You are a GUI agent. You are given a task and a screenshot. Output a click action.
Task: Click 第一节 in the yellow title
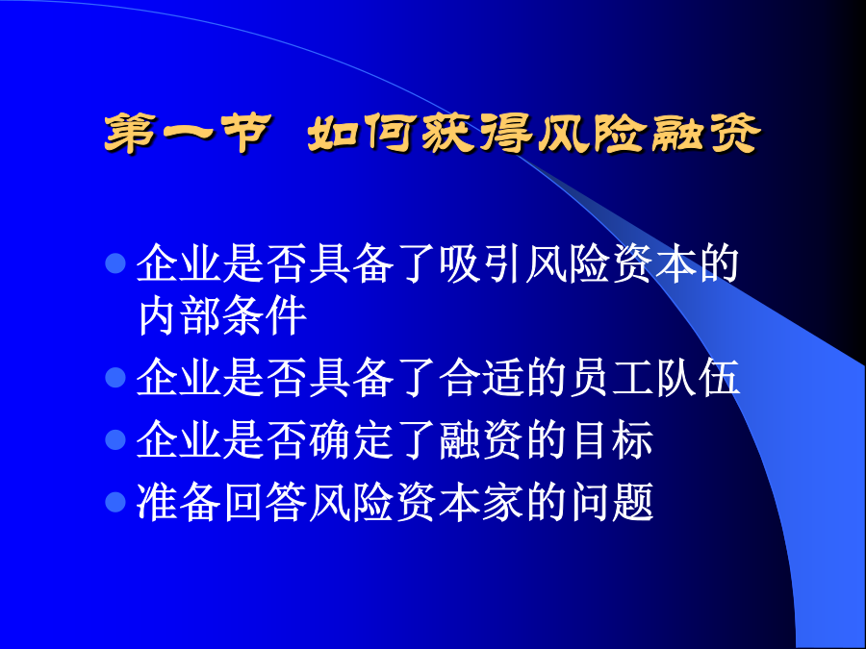pos(188,133)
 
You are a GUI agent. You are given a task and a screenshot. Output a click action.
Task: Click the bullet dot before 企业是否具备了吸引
pos(115,263)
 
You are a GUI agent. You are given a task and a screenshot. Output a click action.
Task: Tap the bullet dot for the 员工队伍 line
pos(115,378)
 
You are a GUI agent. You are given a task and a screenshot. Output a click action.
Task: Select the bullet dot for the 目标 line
pos(115,439)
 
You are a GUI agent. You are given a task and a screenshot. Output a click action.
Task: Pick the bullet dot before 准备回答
pos(115,502)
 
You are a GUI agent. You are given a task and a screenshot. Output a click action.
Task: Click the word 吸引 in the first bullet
pos(482,263)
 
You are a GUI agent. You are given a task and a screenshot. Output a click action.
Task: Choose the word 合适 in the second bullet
pos(482,378)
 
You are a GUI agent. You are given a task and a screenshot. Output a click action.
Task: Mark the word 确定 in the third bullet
pos(352,439)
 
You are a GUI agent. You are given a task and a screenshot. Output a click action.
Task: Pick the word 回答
pos(266,502)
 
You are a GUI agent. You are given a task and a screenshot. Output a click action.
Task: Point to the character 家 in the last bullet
pos(503,502)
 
